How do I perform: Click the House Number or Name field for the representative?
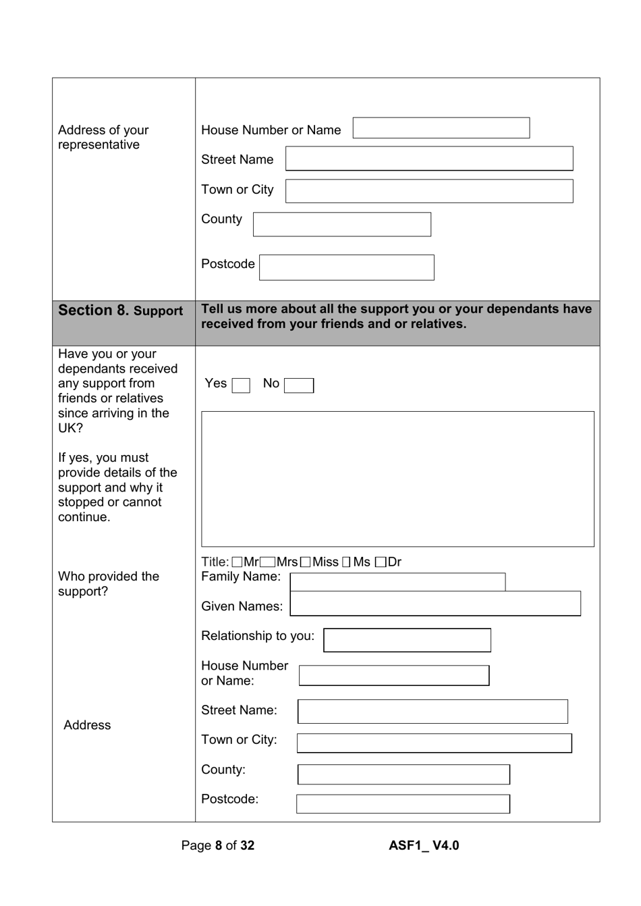click(x=441, y=128)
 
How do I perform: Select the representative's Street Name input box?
click(x=429, y=159)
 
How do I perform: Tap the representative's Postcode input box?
click(x=346, y=267)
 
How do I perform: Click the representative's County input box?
click(x=341, y=224)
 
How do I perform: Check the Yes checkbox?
click(x=241, y=385)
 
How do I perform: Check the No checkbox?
click(x=298, y=385)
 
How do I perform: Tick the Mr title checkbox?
click(x=238, y=562)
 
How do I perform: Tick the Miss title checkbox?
click(x=306, y=562)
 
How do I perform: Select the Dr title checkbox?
click(x=381, y=562)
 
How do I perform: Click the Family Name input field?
click(x=397, y=581)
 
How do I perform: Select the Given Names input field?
click(x=435, y=604)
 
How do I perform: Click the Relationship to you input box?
click(x=407, y=640)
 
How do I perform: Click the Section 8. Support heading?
click(x=120, y=311)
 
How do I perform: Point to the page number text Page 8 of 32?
click(x=217, y=845)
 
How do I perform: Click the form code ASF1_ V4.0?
click(x=424, y=845)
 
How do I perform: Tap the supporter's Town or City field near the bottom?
click(x=434, y=743)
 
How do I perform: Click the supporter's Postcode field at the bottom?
click(x=403, y=803)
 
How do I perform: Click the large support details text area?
click(x=397, y=479)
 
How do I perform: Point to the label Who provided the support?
click(x=109, y=583)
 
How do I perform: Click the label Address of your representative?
click(x=103, y=137)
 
